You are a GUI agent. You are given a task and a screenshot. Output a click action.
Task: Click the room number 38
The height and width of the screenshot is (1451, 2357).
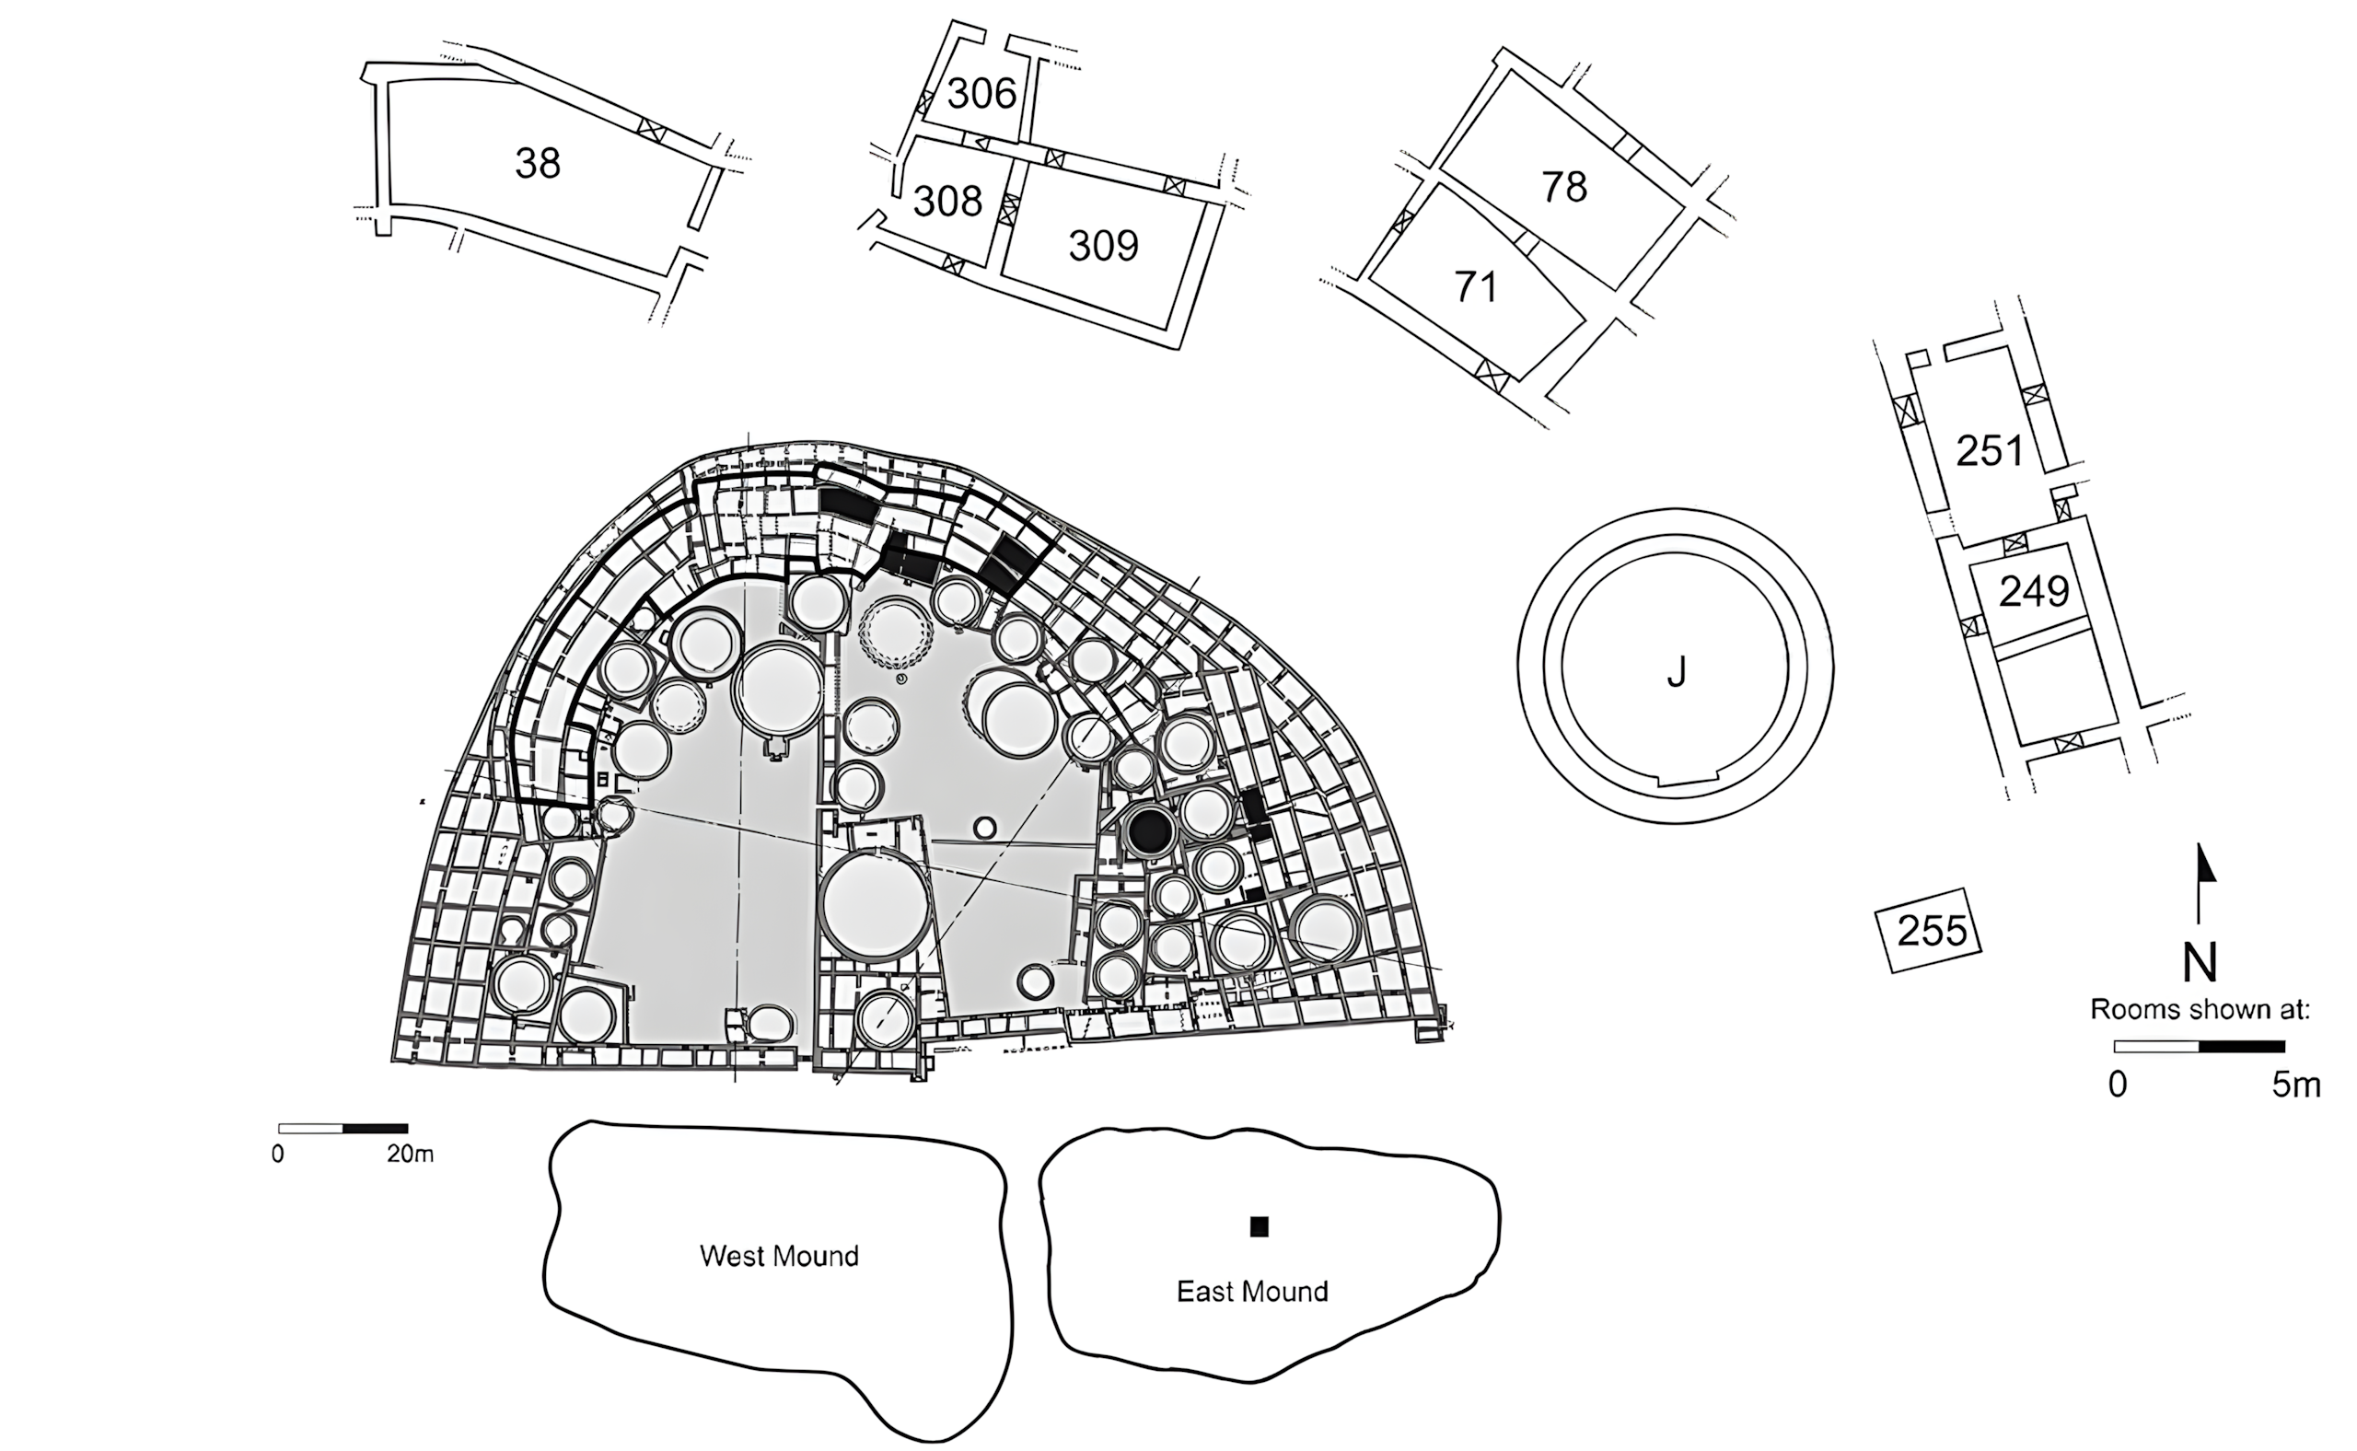[x=538, y=164]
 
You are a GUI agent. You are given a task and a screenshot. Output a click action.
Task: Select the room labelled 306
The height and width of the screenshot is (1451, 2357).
[x=981, y=94]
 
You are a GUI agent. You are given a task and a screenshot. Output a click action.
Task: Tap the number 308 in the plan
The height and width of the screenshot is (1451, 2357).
[x=947, y=202]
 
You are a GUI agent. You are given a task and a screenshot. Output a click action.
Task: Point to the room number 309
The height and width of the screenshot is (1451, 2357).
[x=1104, y=247]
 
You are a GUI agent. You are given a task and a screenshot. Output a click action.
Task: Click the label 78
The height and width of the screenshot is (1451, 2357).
[x=1564, y=187]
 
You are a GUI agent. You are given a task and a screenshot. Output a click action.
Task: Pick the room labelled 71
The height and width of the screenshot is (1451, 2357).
[x=1476, y=287]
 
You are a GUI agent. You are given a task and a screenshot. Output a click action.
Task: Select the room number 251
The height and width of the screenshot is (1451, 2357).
[x=1990, y=451]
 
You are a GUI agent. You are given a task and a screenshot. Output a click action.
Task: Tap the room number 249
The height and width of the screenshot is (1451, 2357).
[x=2034, y=592]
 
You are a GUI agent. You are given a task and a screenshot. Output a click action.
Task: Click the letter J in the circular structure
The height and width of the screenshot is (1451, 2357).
[x=1676, y=674]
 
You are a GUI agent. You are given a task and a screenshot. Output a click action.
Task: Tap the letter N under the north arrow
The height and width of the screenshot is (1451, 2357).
[x=2200, y=963]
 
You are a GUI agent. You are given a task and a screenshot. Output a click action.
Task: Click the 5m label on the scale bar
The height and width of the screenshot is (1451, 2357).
[x=2295, y=1085]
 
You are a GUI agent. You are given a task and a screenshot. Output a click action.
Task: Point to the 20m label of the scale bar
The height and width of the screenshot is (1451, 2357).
[x=410, y=1155]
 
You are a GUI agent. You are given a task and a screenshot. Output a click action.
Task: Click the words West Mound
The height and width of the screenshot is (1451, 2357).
[x=778, y=1256]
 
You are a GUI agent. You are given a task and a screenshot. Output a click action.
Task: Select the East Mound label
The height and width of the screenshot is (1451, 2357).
[x=1252, y=1292]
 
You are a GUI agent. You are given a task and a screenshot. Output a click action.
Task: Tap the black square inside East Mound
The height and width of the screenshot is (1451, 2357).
[x=1260, y=1226]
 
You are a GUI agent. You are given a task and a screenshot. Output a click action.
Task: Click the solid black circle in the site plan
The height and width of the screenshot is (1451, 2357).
[x=1150, y=831]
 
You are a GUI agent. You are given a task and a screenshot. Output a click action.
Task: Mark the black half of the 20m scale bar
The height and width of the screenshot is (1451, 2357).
[x=376, y=1129]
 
